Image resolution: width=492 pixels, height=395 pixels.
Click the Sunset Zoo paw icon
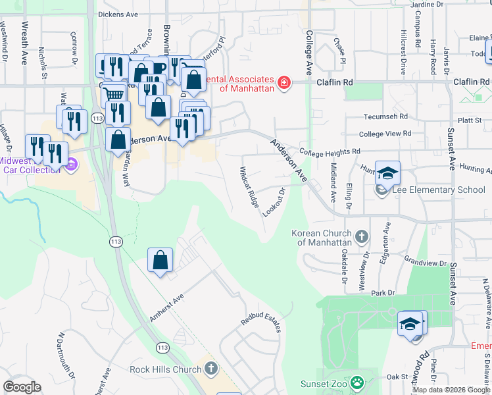pyautogui.click(x=357, y=382)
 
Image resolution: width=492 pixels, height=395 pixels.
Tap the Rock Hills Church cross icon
pyautogui.click(x=210, y=369)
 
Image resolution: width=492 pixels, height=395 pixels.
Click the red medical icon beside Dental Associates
pyautogui.click(x=283, y=82)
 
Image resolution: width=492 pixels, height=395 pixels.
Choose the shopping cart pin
pyautogui.click(x=114, y=93)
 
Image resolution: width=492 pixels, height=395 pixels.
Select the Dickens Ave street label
pyautogui.click(x=118, y=13)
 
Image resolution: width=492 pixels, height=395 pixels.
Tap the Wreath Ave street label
pyautogui.click(x=25, y=42)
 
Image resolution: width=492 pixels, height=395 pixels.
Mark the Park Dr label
pyautogui.click(x=381, y=292)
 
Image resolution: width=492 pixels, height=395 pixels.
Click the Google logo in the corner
pyautogui.click(x=22, y=387)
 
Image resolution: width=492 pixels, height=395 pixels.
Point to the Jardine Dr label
pyautogui.click(x=430, y=5)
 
